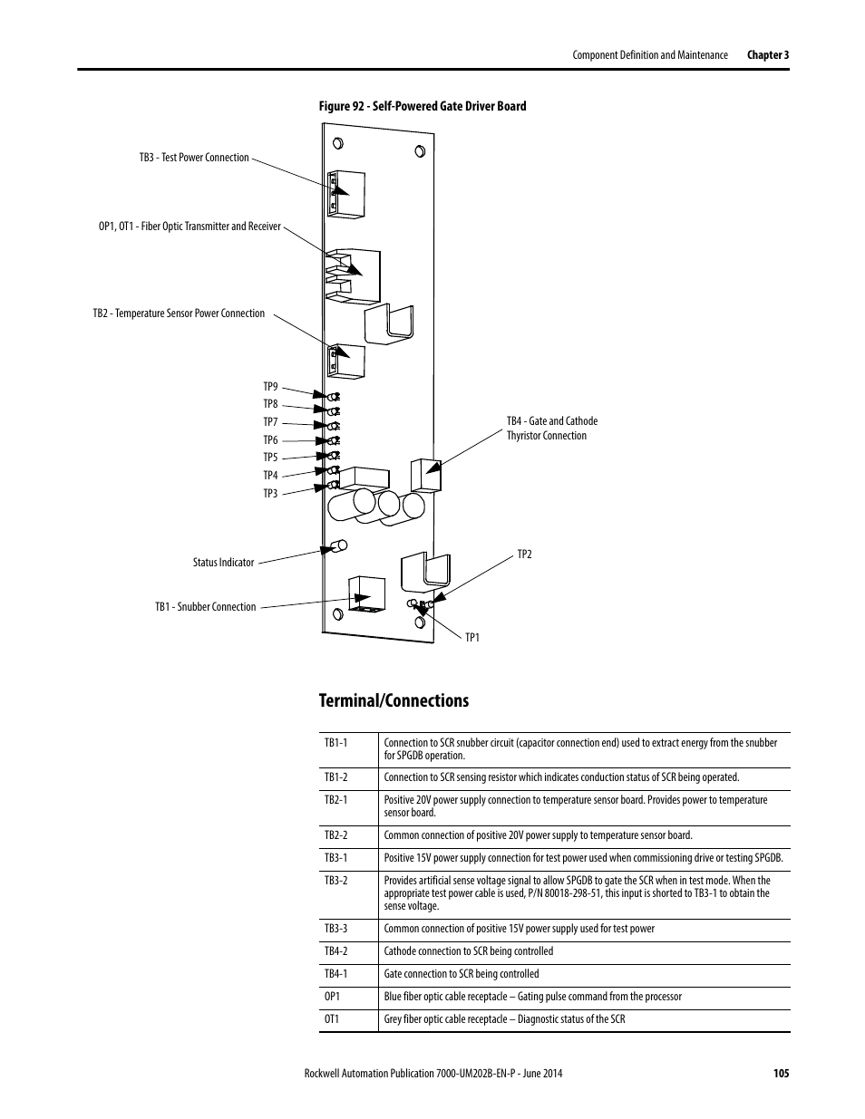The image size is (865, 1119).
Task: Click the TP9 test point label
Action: pyautogui.click(x=270, y=387)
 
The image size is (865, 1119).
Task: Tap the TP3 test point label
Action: pyautogui.click(x=270, y=494)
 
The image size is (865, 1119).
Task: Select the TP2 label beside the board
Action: pyautogui.click(x=524, y=555)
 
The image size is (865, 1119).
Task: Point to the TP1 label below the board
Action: pyautogui.click(x=472, y=638)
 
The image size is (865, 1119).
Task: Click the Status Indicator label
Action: pyautogui.click(x=224, y=563)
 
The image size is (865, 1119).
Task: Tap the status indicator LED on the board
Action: pyautogui.click(x=338, y=546)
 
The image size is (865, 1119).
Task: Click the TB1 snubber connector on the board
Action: pyautogui.click(x=367, y=595)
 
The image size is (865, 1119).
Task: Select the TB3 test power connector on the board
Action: pyautogui.click(x=346, y=194)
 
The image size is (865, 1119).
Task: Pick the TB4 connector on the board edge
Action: pyautogui.click(x=426, y=475)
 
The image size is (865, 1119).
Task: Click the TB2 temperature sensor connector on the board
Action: pyautogui.click(x=346, y=362)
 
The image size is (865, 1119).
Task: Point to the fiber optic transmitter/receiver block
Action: pyautogui.click(x=353, y=276)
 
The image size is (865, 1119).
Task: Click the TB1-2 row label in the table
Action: pyautogui.click(x=335, y=777)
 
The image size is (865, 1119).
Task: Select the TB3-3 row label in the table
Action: pyautogui.click(x=335, y=929)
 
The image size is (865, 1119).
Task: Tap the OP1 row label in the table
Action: pyautogui.click(x=332, y=997)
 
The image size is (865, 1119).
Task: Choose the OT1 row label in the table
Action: pyautogui.click(x=332, y=1019)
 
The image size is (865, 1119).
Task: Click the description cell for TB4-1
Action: pyautogui.click(x=462, y=974)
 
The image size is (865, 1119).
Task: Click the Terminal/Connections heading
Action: pyautogui.click(x=394, y=701)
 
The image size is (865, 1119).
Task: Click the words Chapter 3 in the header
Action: pyautogui.click(x=768, y=55)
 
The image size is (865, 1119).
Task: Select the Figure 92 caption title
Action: pyautogui.click(x=423, y=106)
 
